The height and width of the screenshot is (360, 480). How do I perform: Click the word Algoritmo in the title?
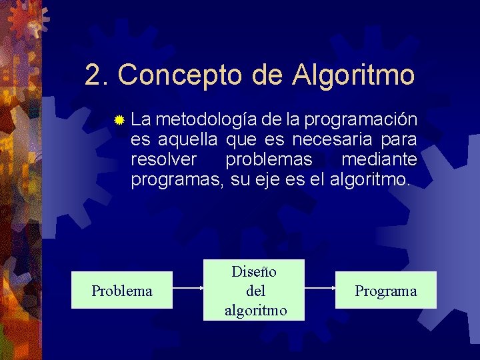click(x=353, y=75)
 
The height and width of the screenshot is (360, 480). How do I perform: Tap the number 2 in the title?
click(x=93, y=75)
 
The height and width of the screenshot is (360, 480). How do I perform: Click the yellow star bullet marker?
click(x=119, y=121)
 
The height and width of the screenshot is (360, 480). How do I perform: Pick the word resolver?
click(x=164, y=160)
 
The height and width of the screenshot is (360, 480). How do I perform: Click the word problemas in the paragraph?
click(x=269, y=160)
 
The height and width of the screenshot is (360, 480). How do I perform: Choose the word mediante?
click(x=379, y=160)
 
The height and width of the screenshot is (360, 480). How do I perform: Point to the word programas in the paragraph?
click(x=176, y=180)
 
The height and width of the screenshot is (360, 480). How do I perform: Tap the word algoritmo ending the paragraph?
click(x=370, y=180)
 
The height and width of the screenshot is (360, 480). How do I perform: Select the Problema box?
click(x=122, y=290)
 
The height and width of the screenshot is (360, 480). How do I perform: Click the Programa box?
click(x=385, y=290)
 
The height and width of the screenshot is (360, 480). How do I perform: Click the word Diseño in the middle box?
click(x=254, y=271)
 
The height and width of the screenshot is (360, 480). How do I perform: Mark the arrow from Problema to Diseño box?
click(x=187, y=289)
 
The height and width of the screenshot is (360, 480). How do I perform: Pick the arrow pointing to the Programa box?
click(x=319, y=289)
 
